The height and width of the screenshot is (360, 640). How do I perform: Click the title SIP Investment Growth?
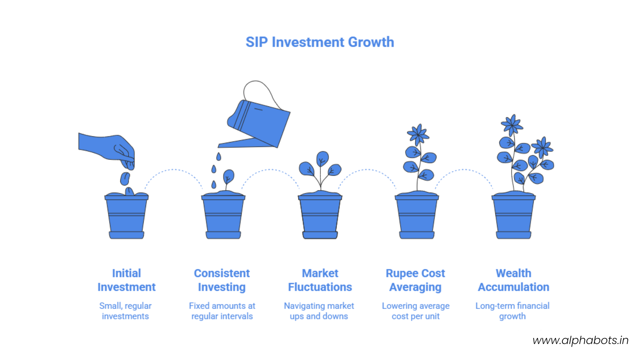point(320,42)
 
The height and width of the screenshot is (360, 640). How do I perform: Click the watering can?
point(260,123)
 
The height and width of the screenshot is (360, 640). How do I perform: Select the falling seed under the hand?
point(125,179)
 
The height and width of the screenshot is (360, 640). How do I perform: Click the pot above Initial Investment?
point(126,217)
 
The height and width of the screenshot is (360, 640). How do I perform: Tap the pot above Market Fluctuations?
point(320,217)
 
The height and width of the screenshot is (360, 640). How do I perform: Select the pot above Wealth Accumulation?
point(513,217)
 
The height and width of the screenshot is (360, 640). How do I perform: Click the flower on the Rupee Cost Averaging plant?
point(418,135)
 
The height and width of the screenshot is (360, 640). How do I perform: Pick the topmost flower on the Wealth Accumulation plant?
point(512,125)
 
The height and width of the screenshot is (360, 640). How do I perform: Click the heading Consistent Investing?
point(222,280)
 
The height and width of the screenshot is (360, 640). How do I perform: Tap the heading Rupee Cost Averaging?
point(415,280)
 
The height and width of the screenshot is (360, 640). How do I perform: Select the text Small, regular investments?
point(125,311)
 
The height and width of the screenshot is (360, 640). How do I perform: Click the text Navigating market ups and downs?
point(319,311)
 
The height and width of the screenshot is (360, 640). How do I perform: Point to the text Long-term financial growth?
point(512,311)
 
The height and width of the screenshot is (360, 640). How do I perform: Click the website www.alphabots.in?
point(580,340)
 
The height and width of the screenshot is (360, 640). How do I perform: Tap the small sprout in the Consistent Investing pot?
point(228,177)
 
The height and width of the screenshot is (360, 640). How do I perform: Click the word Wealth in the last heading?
point(513,273)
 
